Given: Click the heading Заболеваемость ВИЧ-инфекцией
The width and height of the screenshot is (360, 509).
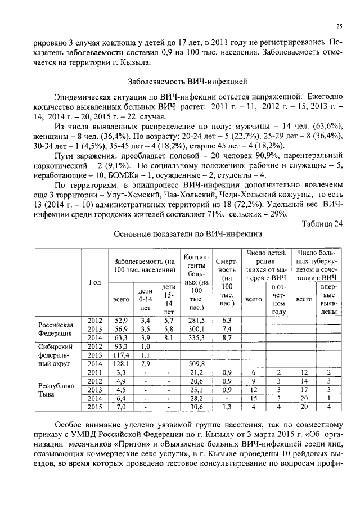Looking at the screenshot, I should [x=179, y=81].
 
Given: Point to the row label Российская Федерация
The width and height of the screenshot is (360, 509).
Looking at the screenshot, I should [x=56, y=329].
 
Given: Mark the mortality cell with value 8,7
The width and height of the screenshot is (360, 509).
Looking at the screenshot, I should [x=227, y=337].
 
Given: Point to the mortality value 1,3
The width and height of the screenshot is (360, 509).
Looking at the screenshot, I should [x=227, y=407].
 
